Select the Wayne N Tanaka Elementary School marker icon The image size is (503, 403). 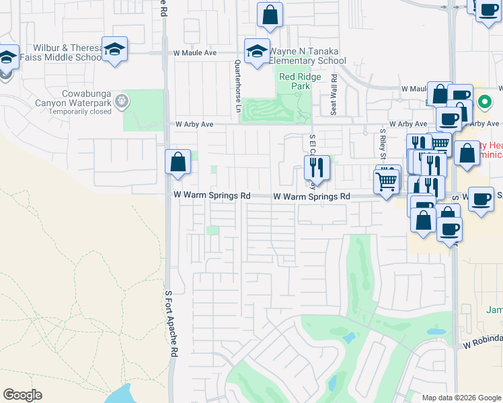point(257,52)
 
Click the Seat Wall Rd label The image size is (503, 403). point(334,95)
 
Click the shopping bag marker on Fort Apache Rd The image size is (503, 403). point(178,162)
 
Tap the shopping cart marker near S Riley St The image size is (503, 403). point(387,180)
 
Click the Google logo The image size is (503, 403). point(22,395)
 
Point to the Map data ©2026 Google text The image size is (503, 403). point(461,397)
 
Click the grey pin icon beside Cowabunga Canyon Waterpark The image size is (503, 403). point(122,101)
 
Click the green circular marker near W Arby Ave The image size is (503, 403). point(483,103)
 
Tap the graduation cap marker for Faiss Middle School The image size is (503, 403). point(115,49)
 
